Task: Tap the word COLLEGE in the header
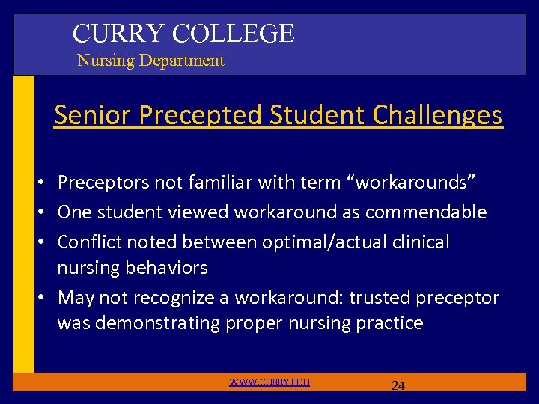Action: pyautogui.click(x=233, y=34)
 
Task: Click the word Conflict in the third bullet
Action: pyautogui.click(x=89, y=242)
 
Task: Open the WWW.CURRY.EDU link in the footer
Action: pyautogui.click(x=269, y=382)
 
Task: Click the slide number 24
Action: pyautogui.click(x=398, y=386)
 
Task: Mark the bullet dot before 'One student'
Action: pyautogui.click(x=46, y=213)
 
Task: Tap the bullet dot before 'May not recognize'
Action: pyautogui.click(x=46, y=299)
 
